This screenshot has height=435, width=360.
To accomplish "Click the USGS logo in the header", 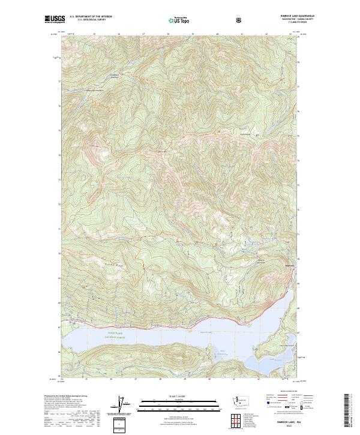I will [55, 20].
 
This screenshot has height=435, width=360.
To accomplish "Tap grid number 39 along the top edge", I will [193, 34].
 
